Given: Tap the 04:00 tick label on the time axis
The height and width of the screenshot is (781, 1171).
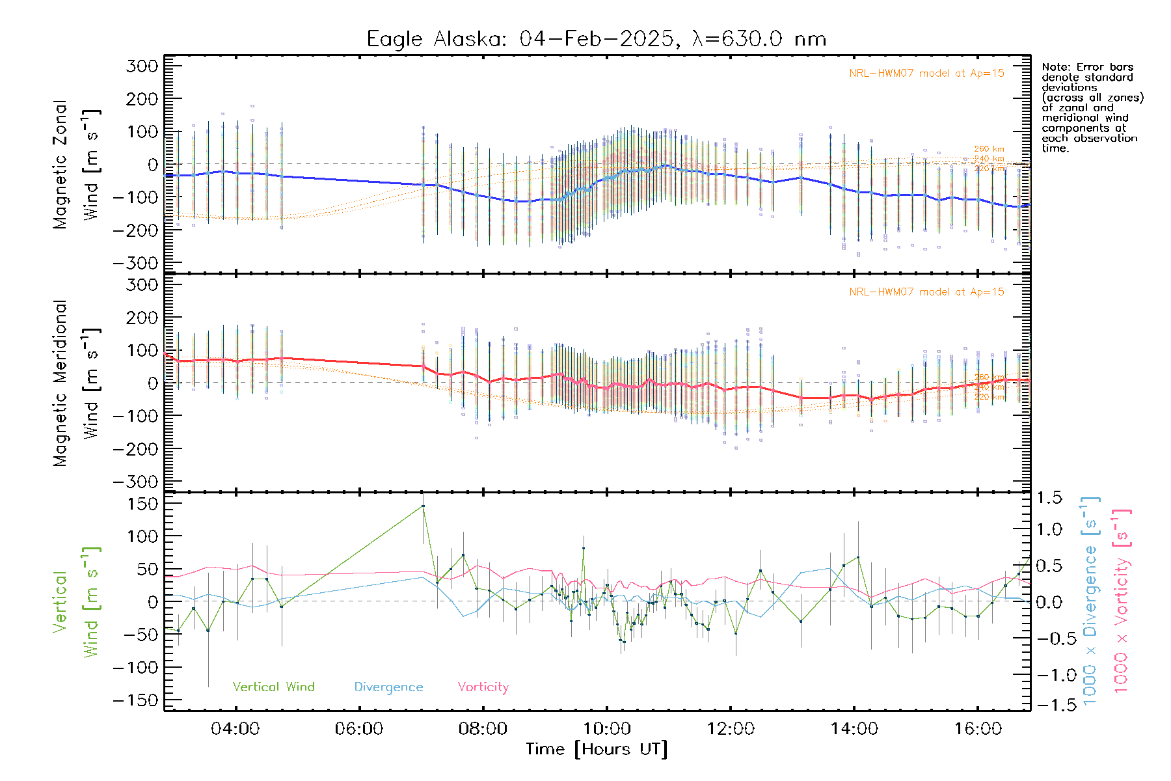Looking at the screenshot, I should [x=235, y=729].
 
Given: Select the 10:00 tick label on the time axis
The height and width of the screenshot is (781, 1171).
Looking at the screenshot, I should [x=606, y=729].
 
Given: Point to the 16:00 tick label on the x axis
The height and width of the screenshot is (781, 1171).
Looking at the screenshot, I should [x=978, y=729].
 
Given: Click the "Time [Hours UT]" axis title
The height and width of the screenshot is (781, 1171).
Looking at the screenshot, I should [x=597, y=750].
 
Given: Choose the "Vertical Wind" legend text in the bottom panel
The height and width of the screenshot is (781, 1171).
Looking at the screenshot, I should [x=273, y=687].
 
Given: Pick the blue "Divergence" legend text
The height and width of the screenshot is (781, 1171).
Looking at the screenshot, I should [x=388, y=687].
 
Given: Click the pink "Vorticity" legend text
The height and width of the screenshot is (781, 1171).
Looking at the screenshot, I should [x=483, y=687].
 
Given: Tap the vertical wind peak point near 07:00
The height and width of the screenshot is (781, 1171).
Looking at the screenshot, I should [x=423, y=506].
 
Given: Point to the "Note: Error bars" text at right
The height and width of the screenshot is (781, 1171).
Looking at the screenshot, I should [x=1087, y=67].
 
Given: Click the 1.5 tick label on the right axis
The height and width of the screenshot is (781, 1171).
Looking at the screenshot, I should [x=1049, y=498].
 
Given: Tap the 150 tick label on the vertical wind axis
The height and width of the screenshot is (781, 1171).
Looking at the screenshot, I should [x=142, y=504].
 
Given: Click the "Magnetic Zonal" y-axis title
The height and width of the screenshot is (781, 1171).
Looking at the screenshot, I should [x=60, y=164].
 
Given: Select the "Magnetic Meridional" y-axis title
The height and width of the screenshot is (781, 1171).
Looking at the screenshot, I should [x=60, y=383].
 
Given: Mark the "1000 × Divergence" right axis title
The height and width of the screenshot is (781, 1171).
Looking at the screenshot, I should [x=1090, y=601].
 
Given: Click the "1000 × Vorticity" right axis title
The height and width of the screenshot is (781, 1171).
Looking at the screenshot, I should [x=1122, y=601].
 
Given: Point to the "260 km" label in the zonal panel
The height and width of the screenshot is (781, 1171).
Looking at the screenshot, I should [x=989, y=149].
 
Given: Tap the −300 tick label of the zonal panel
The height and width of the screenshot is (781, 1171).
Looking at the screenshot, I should [x=135, y=263].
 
